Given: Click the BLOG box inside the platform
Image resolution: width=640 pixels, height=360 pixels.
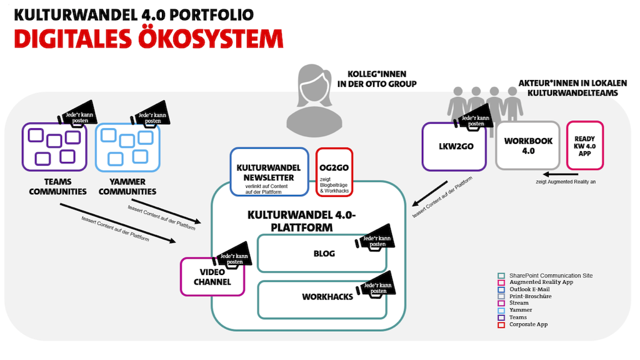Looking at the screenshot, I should click(312, 254).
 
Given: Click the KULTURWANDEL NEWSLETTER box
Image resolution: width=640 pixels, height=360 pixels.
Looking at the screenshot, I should click(269, 172).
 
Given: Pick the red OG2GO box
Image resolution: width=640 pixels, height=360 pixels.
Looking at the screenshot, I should click(335, 172).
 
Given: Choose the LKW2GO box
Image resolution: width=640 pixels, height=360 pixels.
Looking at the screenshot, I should click(454, 146).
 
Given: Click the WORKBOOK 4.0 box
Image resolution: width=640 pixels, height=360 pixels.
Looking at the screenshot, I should click(528, 146).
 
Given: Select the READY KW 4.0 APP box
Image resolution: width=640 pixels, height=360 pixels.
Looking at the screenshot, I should click(584, 146).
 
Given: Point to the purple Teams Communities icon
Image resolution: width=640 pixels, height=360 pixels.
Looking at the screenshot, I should click(54, 147).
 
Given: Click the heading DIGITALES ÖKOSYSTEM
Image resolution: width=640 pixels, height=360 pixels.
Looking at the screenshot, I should click(149, 38).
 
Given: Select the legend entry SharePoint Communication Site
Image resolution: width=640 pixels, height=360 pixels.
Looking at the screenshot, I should click(550, 276).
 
